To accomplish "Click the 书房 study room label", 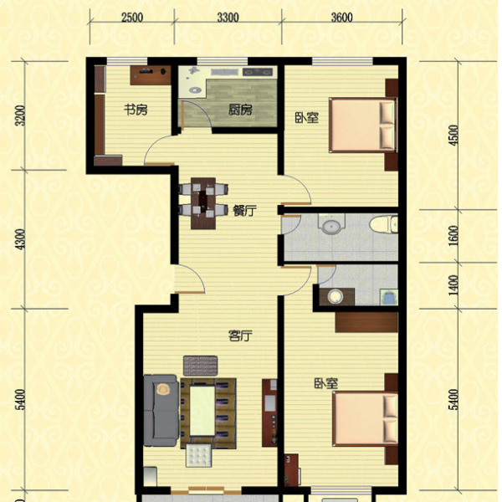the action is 136,110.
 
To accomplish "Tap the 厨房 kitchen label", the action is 240,110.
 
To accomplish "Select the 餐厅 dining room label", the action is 245,211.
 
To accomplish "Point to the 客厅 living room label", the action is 240,336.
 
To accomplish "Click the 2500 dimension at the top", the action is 132,18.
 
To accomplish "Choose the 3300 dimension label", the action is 228,18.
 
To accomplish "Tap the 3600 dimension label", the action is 342,18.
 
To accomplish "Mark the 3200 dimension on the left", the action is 20,115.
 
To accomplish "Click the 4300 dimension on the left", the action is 20,239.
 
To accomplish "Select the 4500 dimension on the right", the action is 453,136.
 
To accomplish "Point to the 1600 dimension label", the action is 453,236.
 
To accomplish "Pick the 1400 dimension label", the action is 453,285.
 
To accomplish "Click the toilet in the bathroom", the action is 383,224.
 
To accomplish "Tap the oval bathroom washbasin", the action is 331,226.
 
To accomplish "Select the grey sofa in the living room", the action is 161,411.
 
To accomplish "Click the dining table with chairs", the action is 203,203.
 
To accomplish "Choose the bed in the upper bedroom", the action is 362,125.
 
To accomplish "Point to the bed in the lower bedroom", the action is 365,419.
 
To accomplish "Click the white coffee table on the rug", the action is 202,411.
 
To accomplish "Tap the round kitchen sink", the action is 195,90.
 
